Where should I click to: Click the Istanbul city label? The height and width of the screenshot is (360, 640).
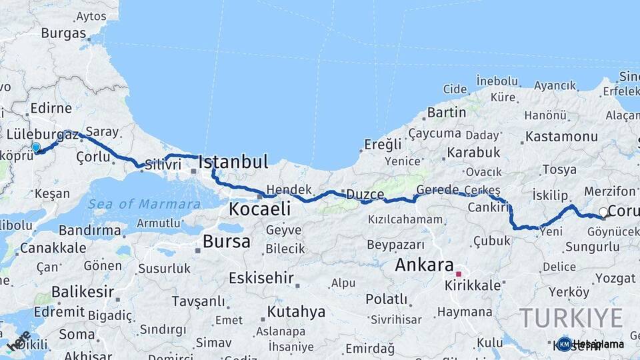(x=233, y=162)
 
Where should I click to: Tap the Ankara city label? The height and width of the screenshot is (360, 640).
(x=424, y=265)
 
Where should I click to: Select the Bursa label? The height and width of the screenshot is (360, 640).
(x=227, y=241)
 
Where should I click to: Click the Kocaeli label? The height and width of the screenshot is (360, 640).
(x=259, y=209)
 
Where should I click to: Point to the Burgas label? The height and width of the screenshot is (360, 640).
(x=63, y=33)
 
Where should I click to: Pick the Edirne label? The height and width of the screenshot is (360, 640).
(x=51, y=108)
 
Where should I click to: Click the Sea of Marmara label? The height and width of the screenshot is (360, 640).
(x=144, y=204)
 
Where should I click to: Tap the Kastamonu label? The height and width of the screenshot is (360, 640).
(x=561, y=137)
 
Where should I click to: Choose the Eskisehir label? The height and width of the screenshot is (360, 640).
(x=261, y=277)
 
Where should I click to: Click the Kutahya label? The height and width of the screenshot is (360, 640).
(x=296, y=311)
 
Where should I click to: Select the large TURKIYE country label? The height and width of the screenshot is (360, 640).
(x=571, y=318)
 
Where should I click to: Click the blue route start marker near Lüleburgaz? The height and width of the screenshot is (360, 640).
(x=36, y=147)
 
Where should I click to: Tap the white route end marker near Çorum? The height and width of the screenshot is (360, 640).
(x=603, y=213)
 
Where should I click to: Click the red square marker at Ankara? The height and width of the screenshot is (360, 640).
(x=458, y=273)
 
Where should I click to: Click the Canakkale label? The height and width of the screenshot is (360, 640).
(x=53, y=248)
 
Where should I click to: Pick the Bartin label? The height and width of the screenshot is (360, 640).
(x=446, y=112)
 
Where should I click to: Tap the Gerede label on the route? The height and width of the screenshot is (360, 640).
(x=437, y=189)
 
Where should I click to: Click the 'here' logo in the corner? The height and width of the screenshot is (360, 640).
(x=18, y=340)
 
